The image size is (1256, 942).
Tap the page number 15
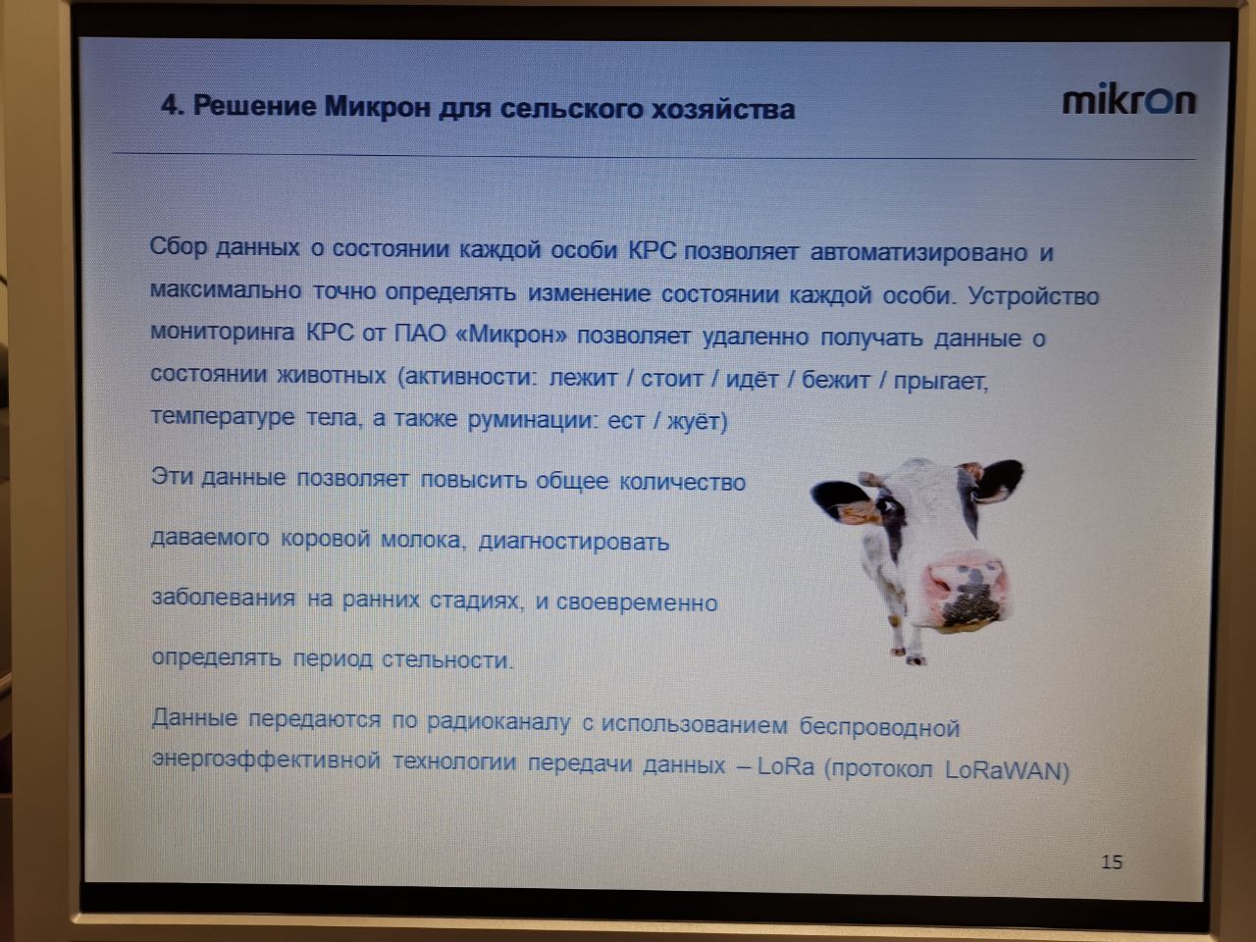pos(1112,863)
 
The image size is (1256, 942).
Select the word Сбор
pos(178,246)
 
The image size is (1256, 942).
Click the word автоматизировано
pos(919,253)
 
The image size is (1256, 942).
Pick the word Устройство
pos(1033,295)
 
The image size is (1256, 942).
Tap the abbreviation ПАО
pos(420,334)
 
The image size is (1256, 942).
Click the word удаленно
pos(756,337)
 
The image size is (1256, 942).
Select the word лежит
pos(583,378)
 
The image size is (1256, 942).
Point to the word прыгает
pos(940,382)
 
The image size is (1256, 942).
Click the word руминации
pos(532,419)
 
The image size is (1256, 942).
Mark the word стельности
pos(446,660)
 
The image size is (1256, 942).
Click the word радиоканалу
pos(498,722)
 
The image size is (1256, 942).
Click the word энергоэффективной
pos(266,760)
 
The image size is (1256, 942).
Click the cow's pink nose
pos(965,592)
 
